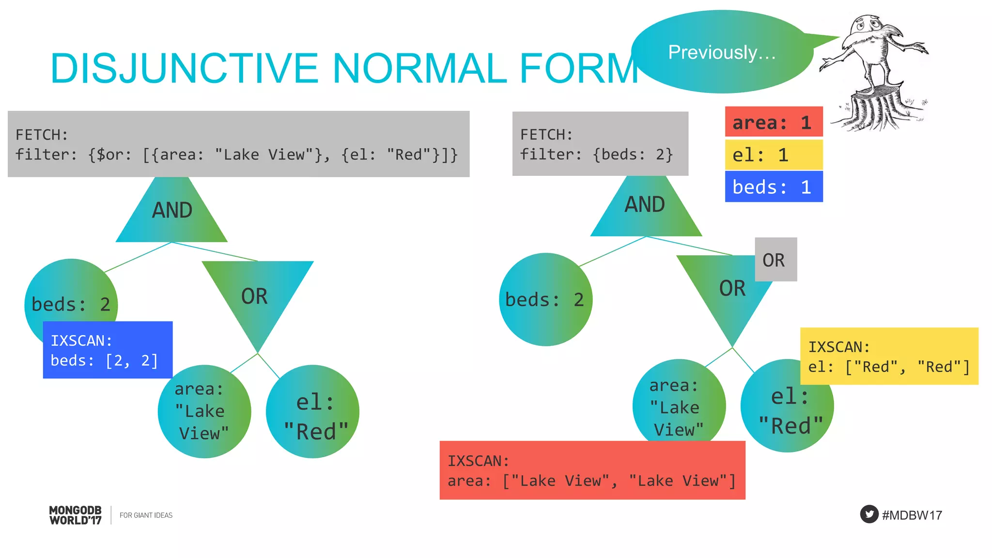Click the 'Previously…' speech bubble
coord(722,52)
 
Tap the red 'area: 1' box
coord(774,122)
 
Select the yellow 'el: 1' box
coord(774,155)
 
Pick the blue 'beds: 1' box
coord(774,187)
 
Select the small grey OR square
coord(775,260)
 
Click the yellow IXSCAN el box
coord(889,356)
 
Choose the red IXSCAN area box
coord(592,470)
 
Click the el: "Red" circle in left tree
coord(313,412)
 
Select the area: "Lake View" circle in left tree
coord(204,412)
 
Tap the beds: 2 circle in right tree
coord(545,300)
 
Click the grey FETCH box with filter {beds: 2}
coord(600,144)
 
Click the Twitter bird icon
coord(869,514)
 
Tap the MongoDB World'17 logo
coord(76,515)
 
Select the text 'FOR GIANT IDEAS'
coord(146,515)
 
